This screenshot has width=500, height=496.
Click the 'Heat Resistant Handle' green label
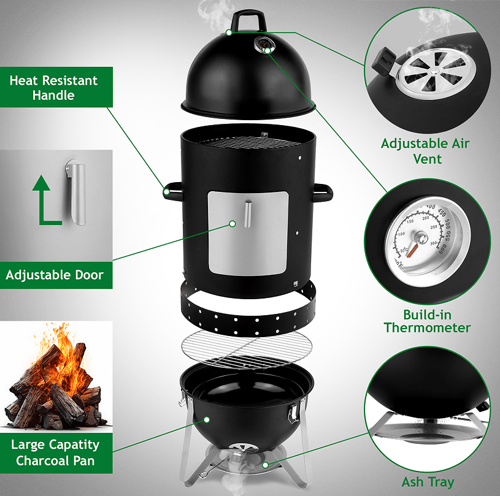point(56,87)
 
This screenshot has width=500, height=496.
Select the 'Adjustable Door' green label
point(56,275)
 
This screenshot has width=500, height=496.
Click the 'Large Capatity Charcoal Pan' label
point(56,452)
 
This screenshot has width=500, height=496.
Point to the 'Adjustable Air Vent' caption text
point(425,151)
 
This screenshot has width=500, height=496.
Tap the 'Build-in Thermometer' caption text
point(427,321)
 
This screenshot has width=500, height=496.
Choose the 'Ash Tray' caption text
point(428,482)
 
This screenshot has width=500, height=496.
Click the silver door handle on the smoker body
point(248,213)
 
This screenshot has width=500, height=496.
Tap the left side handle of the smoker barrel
point(172,191)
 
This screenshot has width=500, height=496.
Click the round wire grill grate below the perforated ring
point(247,348)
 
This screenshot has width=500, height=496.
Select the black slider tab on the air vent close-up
point(383,61)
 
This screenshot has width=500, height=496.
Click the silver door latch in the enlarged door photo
point(77,193)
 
